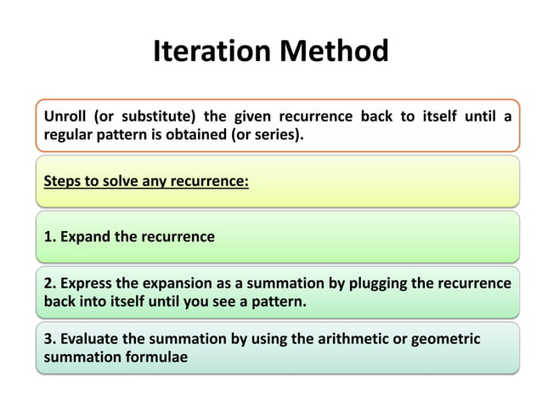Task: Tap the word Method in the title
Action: tap(335, 53)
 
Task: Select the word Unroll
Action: tap(65, 116)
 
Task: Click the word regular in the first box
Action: tap(68, 134)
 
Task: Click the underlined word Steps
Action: tap(62, 181)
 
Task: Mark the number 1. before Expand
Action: tap(48, 236)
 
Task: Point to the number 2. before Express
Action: tap(49, 283)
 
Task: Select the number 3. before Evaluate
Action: tap(49, 339)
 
